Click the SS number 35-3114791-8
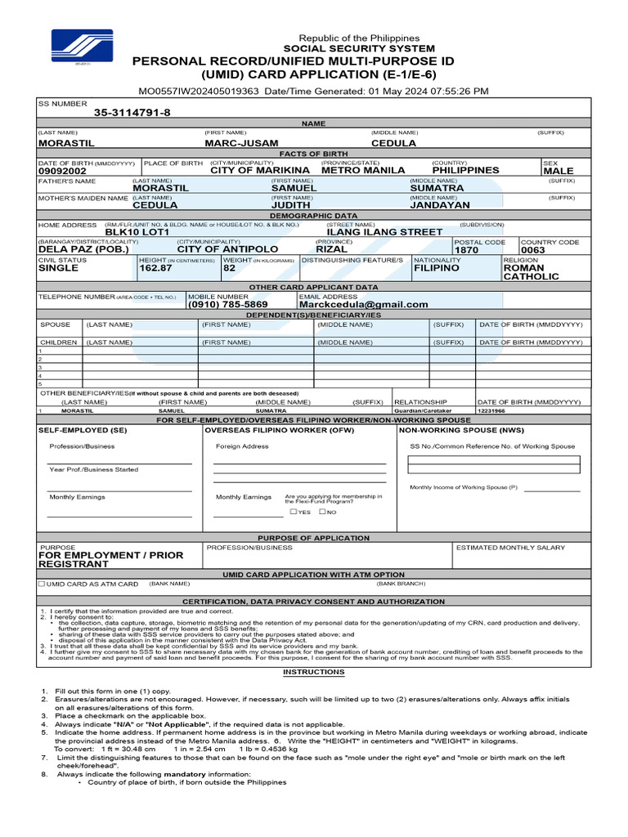pos(132,113)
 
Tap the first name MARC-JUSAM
pos(241,143)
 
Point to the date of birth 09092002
pos(63,171)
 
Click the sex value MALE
pos(558,171)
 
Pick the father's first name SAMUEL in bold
pos(294,188)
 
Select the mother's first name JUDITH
pos(291,205)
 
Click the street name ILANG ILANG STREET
pos(384,232)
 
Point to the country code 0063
pos(532,250)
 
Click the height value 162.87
pos(156,267)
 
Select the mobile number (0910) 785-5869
pos(228,304)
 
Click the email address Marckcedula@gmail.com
pos(364,304)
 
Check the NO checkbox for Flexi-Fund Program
pos(322,512)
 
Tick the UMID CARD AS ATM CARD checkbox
pos(43,584)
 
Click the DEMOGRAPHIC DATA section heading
pos(314,215)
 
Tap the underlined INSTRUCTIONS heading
pos(314,672)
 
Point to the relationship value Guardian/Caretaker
pos(419,411)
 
